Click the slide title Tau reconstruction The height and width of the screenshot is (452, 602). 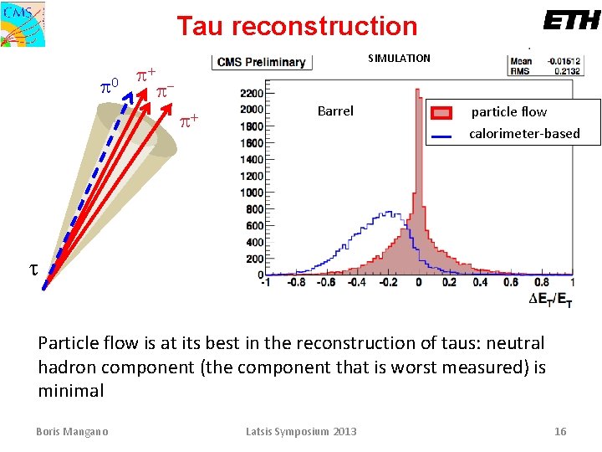point(297,26)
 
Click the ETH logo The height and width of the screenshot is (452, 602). point(571,20)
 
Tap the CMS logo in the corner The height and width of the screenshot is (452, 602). point(23,23)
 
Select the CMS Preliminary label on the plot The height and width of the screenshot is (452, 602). point(262,62)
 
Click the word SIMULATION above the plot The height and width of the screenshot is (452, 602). point(399,58)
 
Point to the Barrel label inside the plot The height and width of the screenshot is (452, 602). point(335,110)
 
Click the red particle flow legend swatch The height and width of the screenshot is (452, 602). point(443,112)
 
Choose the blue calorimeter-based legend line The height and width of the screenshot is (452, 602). point(443,135)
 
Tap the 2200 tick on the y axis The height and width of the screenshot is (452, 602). point(252,93)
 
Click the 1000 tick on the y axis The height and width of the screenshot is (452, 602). point(252,193)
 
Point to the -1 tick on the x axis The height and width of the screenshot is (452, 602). point(265,283)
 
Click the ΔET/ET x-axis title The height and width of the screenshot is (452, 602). point(551,300)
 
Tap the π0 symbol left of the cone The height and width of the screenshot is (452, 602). point(109,85)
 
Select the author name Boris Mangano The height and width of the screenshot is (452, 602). point(72,431)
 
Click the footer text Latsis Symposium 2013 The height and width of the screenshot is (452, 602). point(301,431)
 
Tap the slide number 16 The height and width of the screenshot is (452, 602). point(560,431)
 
